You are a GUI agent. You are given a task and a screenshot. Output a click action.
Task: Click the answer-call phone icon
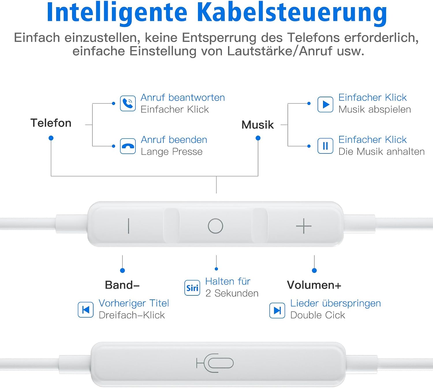(x=128, y=103)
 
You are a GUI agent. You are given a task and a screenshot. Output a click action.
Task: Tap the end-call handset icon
(x=128, y=146)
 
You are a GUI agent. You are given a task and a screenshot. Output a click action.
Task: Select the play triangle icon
(x=325, y=104)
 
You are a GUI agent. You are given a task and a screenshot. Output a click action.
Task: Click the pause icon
(x=325, y=146)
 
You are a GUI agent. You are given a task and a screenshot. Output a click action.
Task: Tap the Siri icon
(x=192, y=288)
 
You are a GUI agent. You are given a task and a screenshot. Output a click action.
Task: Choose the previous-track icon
(x=85, y=310)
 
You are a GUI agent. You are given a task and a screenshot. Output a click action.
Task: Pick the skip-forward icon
(x=277, y=310)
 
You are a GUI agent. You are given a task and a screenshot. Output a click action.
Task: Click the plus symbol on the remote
(x=304, y=226)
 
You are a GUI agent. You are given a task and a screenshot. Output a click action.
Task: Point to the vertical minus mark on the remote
(x=128, y=226)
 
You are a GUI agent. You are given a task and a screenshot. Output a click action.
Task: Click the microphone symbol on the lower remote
(x=215, y=363)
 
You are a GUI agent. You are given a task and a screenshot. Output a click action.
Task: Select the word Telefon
(x=51, y=123)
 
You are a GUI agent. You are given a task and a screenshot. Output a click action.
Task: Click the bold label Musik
(x=257, y=125)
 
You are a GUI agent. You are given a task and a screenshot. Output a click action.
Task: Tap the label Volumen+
(x=314, y=285)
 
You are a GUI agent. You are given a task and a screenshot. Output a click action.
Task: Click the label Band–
(x=122, y=285)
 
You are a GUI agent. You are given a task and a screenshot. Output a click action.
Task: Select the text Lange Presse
(x=172, y=152)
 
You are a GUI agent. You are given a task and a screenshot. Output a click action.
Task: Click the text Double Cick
(x=318, y=315)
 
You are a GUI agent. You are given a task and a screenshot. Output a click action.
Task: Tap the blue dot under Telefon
(x=51, y=138)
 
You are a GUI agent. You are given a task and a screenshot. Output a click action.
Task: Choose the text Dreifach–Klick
(x=132, y=315)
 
